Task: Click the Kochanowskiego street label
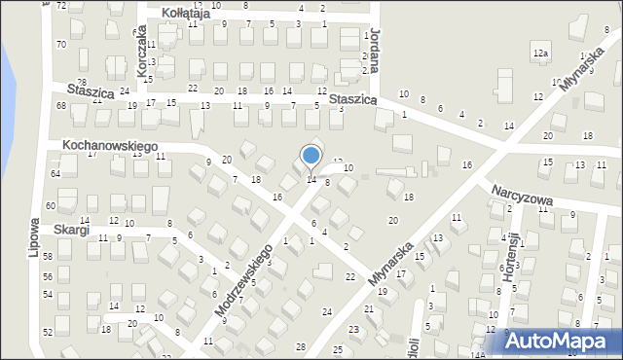110,144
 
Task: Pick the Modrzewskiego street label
243,280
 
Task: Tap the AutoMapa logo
558,341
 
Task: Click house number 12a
541,52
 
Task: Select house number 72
61,6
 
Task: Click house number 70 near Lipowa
60,45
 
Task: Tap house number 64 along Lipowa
55,173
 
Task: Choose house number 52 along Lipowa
48,332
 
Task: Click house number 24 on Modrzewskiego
327,311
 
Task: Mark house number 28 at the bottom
300,346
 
